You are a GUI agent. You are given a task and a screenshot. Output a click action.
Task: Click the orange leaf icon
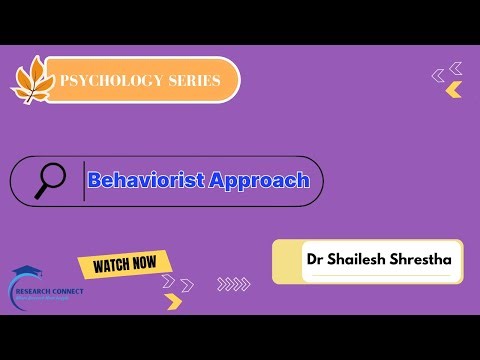tap(32, 80)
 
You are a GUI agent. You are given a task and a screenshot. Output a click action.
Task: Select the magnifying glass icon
tap(49, 180)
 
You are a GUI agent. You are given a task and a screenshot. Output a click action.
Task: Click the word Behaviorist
tap(145, 181)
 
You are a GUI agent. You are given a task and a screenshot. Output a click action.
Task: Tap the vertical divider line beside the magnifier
tap(84, 181)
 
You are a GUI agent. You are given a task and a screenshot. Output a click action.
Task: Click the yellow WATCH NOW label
tap(124, 264)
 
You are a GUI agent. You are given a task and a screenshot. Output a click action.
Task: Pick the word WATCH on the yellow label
tap(109, 265)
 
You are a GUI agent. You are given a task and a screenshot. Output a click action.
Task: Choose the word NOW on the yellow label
tap(143, 263)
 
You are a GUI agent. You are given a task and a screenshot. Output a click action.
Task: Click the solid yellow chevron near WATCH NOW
tap(174, 300)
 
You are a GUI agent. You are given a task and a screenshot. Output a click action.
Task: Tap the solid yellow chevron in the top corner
tap(454, 90)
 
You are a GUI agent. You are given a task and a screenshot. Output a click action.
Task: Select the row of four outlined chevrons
tap(233, 283)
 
